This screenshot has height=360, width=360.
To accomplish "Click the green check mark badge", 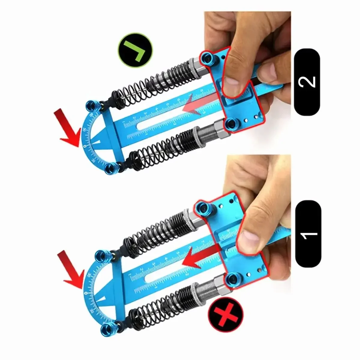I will [x=136, y=50].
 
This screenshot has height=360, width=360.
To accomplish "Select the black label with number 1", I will [x=308, y=234].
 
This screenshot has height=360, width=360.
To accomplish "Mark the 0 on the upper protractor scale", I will [x=85, y=146].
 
